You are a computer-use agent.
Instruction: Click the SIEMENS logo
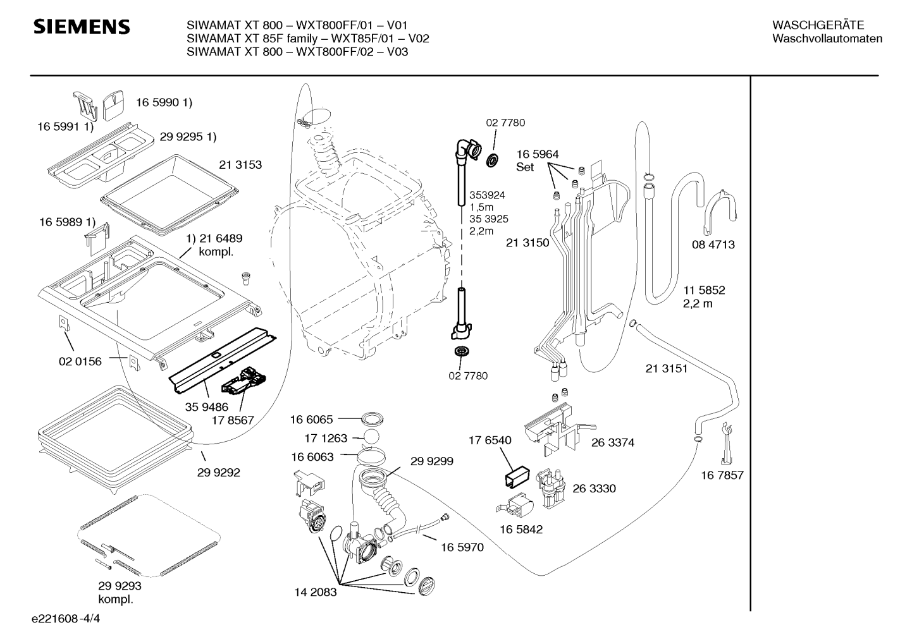tap(82, 27)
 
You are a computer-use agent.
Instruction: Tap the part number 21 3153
tap(240, 165)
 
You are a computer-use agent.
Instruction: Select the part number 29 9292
tap(219, 472)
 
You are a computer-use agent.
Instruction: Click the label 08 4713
tap(713, 245)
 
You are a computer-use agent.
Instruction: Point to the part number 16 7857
tap(722, 475)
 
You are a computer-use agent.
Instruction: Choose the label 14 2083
tap(316, 592)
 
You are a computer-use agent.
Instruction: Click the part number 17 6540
tap(490, 440)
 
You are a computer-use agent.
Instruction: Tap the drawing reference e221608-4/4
tap(66, 619)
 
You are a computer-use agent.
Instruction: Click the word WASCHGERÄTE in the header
tap(818, 25)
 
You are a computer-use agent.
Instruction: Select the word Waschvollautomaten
tap(827, 39)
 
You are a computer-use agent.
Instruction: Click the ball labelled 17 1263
tap(371, 437)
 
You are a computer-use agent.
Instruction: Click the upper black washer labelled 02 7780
tap(493, 161)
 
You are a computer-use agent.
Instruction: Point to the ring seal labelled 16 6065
tap(372, 418)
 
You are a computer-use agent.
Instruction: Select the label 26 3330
tap(594, 488)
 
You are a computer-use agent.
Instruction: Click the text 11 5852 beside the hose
tap(704, 290)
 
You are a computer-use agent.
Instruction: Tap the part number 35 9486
tap(206, 407)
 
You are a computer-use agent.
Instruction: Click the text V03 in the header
tap(397, 52)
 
